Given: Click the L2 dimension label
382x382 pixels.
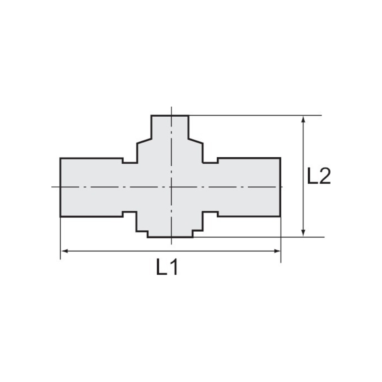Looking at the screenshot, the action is [x=319, y=176].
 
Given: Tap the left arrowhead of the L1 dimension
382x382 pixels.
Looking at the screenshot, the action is [x=65, y=251].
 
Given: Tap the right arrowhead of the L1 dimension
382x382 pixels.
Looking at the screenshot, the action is [x=277, y=251].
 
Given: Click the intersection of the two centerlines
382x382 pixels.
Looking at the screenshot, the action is [x=172, y=187].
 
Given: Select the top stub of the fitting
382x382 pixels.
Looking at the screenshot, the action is [x=170, y=127].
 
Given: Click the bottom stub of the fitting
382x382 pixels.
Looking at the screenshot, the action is [x=170, y=234].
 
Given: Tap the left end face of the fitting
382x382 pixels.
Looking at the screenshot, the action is [x=60, y=187].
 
